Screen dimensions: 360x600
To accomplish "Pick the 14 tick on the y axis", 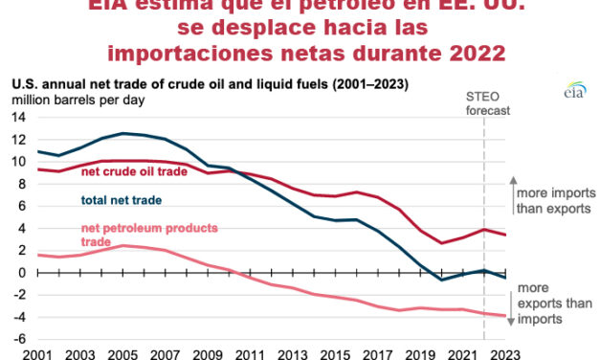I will pyautogui.click(x=18, y=116).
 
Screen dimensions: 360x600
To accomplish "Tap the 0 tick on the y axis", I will pyautogui.click(x=20, y=273).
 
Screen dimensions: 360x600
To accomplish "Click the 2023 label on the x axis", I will pyautogui.click(x=506, y=352).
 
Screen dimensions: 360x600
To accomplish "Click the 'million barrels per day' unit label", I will pyautogui.click(x=73, y=100).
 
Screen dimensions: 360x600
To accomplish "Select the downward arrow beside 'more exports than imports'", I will pyautogui.click(x=509, y=303).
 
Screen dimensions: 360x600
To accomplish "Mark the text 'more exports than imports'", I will pyautogui.click(x=555, y=304).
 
